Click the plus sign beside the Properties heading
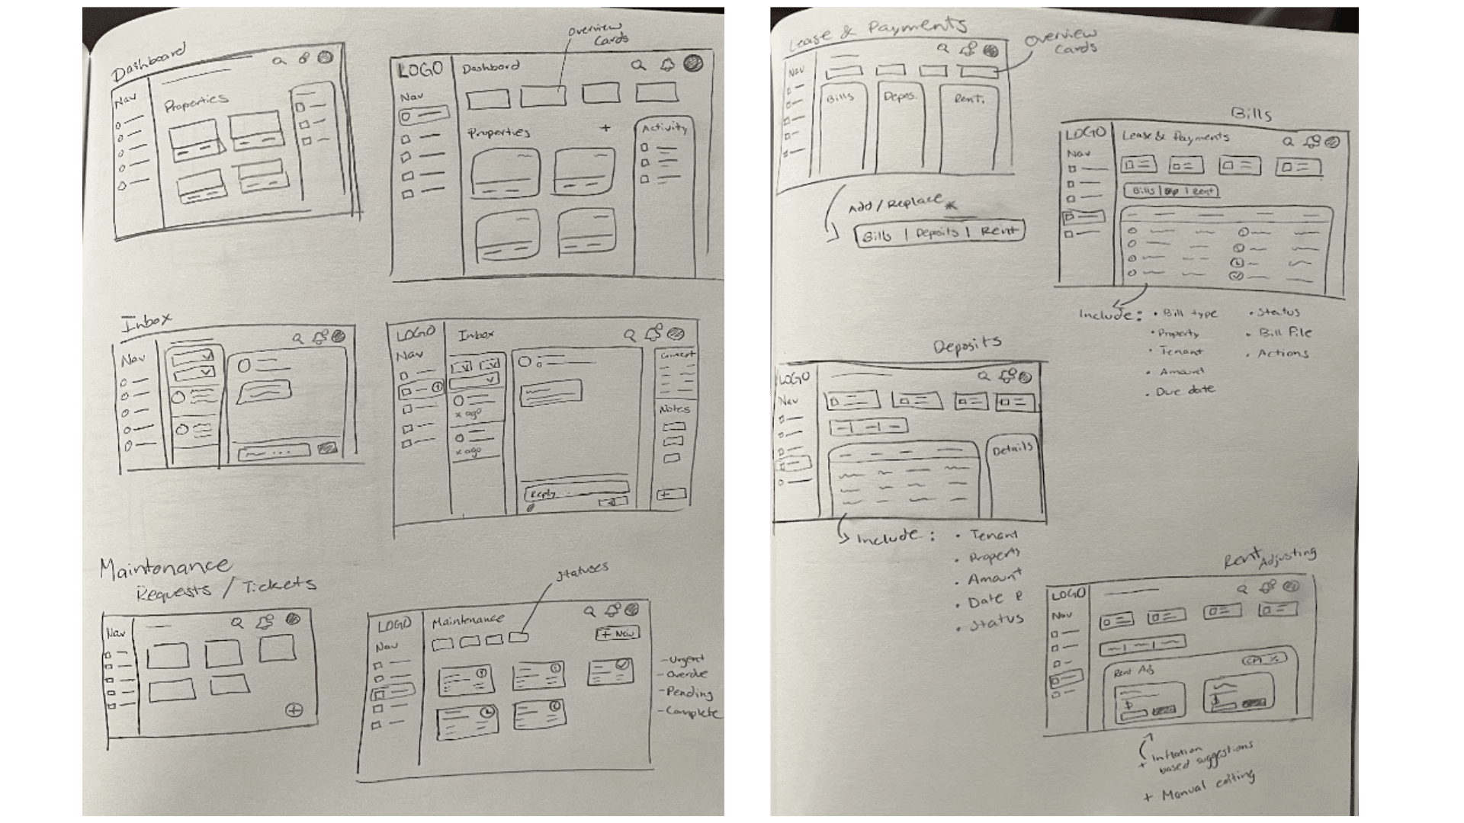tap(605, 128)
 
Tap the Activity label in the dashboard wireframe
tap(664, 128)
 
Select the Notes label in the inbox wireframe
tap(674, 409)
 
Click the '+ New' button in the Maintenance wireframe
tap(617, 633)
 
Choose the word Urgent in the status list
tap(685, 660)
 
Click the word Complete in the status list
tap(691, 713)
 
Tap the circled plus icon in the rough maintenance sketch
tap(294, 710)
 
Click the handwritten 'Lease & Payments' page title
tap(877, 35)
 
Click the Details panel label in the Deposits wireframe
tap(1012, 450)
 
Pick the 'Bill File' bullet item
tap(1285, 333)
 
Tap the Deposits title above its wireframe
tap(967, 345)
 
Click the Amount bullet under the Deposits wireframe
tap(994, 578)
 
